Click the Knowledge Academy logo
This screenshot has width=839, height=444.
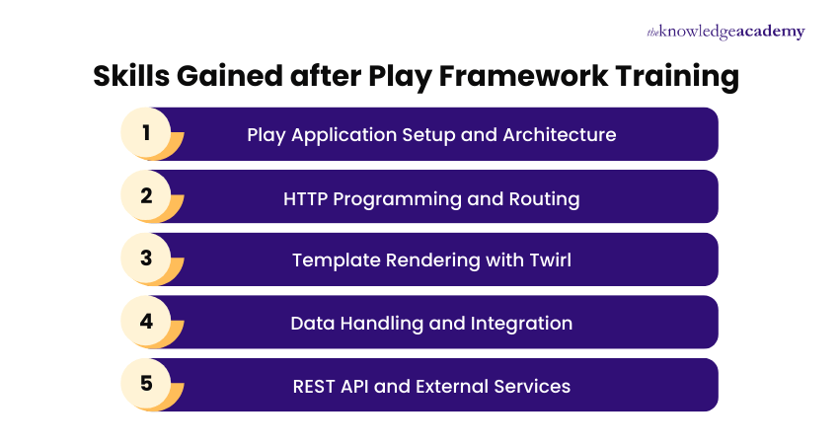coord(725,32)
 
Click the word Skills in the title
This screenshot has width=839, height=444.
coord(126,76)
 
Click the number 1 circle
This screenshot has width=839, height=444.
coord(146,133)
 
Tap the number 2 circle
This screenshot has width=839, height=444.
coord(146,195)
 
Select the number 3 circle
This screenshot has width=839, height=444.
coord(146,259)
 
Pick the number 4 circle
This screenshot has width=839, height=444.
coord(146,322)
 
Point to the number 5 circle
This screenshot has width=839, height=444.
coord(146,384)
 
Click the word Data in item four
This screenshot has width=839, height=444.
coord(312,323)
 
